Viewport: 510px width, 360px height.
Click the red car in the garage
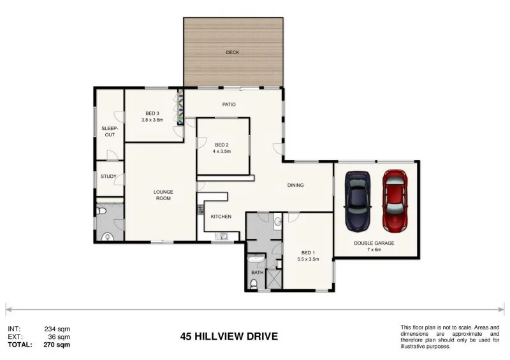[x=395, y=201]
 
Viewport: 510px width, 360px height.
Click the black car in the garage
[x=358, y=201]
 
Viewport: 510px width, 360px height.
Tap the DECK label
[x=233, y=53]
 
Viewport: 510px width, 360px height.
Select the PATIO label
[x=229, y=104]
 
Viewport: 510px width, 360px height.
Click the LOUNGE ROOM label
[x=163, y=195]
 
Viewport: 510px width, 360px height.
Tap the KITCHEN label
[x=221, y=217]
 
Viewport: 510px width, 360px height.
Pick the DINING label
[x=295, y=185]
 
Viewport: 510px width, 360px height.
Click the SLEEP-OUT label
[x=108, y=131]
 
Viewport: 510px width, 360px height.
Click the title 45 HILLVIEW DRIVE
[x=228, y=336]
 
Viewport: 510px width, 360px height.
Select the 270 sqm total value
[x=57, y=345]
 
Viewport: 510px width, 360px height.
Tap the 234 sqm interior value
[x=57, y=329]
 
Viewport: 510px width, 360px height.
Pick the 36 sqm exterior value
[x=59, y=336]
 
